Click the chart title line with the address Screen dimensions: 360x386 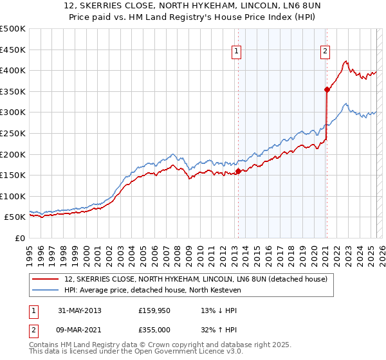click(x=192, y=7)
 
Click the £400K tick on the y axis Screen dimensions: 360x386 click(x=13, y=70)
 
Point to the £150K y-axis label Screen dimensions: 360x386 click(x=13, y=175)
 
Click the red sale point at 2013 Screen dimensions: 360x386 click(x=239, y=171)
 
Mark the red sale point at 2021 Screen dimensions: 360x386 click(x=327, y=89)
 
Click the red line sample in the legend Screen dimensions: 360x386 click(x=46, y=280)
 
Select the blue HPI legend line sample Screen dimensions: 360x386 click(x=46, y=290)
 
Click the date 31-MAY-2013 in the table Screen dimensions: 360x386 click(x=80, y=310)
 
